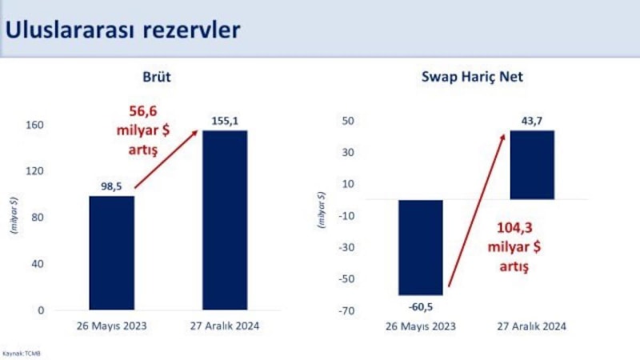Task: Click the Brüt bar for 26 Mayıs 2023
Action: pos(112,253)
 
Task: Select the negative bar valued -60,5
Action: pos(420,247)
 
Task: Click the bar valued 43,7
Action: pos(532,165)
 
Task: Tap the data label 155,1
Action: pos(225,121)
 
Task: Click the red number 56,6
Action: pos(145,111)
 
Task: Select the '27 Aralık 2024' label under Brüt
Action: pos(224,326)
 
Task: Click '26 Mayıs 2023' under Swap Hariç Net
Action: pos(420,326)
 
